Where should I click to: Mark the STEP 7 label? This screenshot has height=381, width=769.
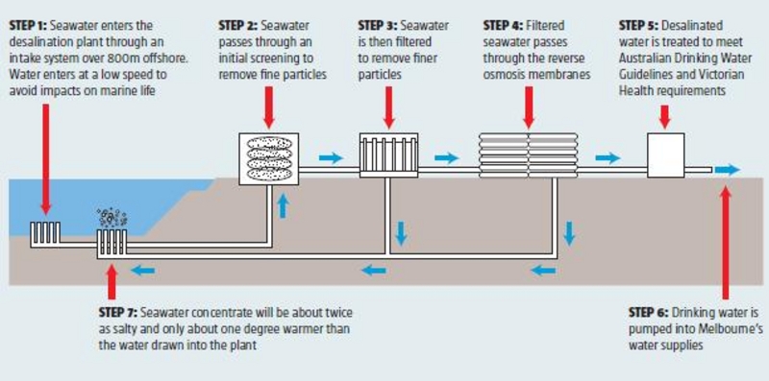(x=119, y=312)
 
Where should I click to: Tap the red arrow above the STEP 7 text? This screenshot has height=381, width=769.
(x=112, y=284)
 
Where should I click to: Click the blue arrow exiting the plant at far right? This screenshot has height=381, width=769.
(x=730, y=170)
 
